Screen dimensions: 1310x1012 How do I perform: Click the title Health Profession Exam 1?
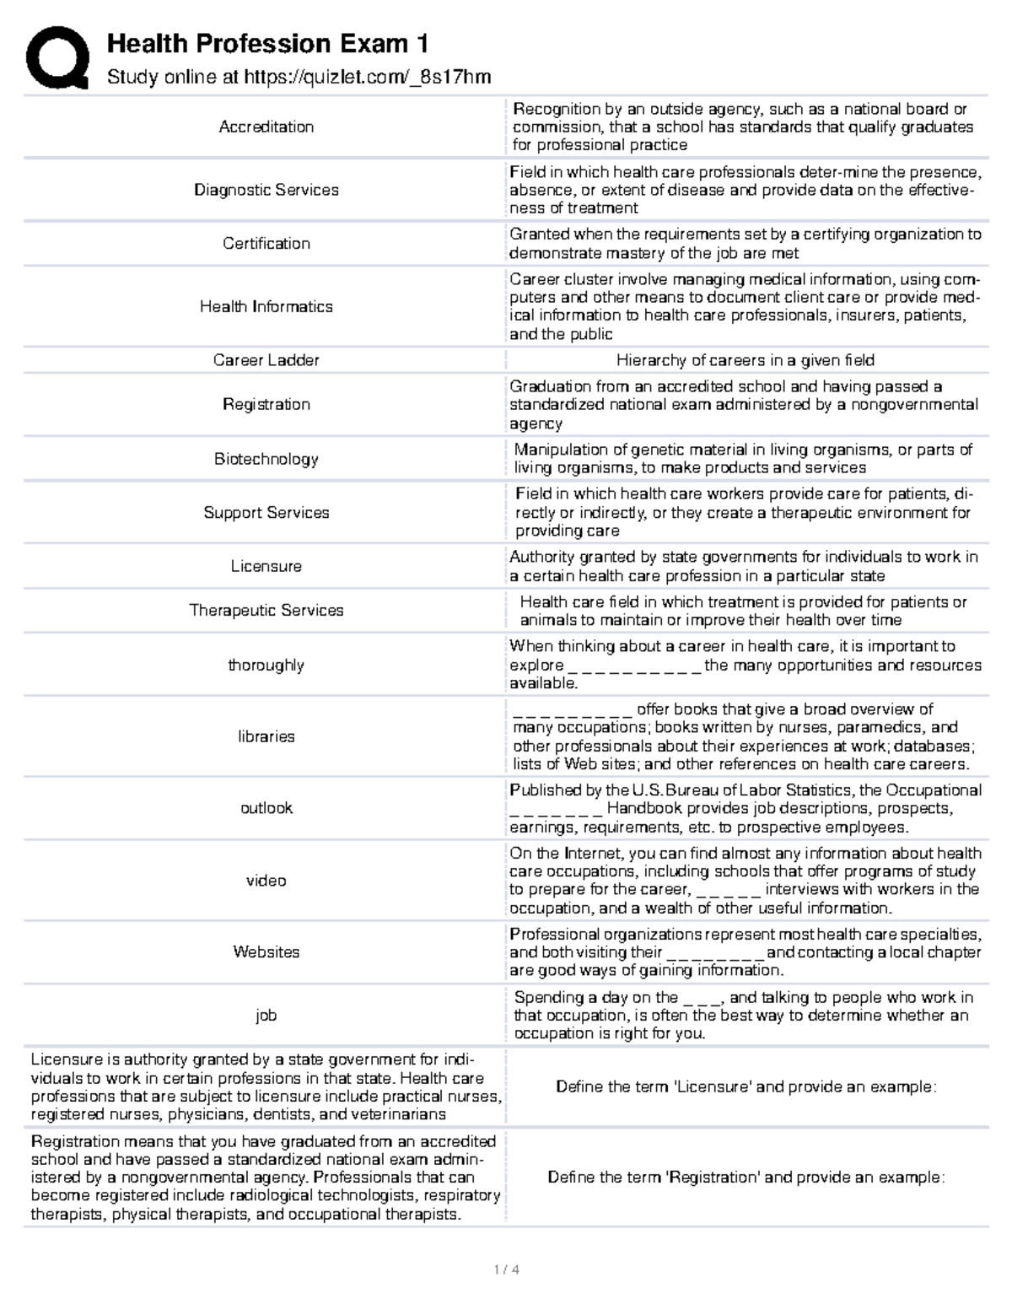point(267,43)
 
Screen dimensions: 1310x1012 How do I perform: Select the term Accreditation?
point(266,127)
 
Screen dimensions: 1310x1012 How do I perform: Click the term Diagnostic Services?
point(266,190)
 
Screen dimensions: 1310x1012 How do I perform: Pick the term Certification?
point(266,243)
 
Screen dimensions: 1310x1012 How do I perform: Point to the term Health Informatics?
point(266,306)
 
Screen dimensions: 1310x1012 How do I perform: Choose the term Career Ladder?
point(266,360)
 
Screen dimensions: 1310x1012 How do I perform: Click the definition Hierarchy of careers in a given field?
point(745,360)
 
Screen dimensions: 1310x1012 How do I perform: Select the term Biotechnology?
point(266,459)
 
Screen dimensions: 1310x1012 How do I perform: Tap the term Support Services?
point(266,512)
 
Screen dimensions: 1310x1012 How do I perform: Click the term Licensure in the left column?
point(266,566)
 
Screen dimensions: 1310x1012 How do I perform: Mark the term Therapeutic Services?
point(266,610)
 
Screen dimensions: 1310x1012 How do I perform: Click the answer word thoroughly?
point(266,665)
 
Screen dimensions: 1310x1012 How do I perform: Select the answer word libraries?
point(266,736)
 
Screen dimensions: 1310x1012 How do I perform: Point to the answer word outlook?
point(266,807)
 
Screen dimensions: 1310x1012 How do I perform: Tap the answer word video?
point(266,880)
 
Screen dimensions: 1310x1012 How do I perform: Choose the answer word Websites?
point(266,952)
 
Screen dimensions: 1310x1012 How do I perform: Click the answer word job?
point(266,1015)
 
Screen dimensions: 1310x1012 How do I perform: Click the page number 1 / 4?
point(506,1270)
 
